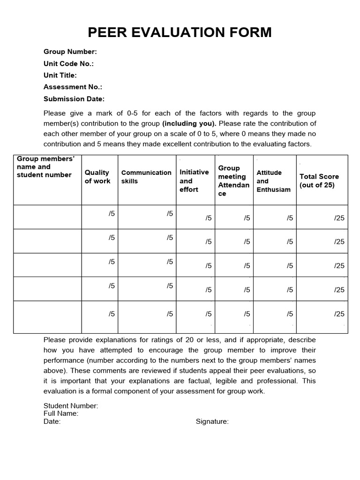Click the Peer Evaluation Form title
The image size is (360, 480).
180,32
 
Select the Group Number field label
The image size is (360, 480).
70,52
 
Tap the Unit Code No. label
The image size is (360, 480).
68,64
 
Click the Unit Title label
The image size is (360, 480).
60,75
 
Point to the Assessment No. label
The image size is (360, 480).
73,87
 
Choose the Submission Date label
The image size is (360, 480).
74,99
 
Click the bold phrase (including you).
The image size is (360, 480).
189,124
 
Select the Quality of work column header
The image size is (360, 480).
97,177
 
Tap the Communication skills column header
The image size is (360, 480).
146,177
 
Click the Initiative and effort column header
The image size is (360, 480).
194,180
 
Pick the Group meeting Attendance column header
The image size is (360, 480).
233,180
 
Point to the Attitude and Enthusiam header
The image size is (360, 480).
274,181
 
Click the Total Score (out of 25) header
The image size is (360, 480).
319,180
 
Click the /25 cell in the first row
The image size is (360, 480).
339,217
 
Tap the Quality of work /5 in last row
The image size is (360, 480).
112,314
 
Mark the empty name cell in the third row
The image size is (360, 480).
47,265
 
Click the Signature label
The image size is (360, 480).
212,421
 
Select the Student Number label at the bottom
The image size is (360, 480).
71,406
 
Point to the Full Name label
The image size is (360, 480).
61,413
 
